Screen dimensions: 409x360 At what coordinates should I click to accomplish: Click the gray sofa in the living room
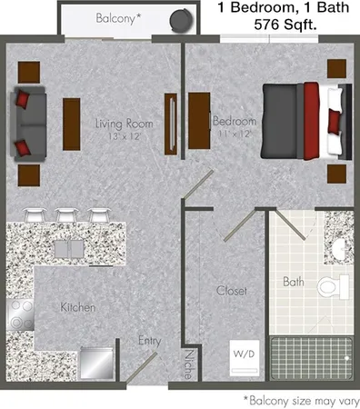coord(27,123)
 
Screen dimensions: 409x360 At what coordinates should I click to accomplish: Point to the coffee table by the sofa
coord(72,123)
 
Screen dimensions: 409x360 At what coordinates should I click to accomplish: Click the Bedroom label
coord(235,121)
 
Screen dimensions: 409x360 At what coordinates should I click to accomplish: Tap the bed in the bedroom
coord(305,119)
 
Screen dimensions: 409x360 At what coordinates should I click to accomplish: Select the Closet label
coord(231,291)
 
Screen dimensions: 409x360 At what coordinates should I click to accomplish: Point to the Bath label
coord(293,282)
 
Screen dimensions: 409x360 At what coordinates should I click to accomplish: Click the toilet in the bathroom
coord(333,286)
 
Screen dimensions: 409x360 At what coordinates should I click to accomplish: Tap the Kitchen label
coord(79,307)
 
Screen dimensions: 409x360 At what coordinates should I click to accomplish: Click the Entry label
coord(149,341)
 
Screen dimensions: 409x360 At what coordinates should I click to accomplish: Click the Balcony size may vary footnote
coord(299,399)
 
